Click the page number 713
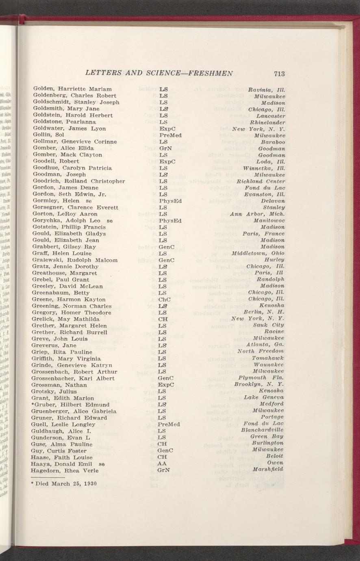(x=279, y=74)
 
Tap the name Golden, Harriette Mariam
(x=72, y=89)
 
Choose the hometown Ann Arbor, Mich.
(x=257, y=214)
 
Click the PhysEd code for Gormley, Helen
(x=170, y=201)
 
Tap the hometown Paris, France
(x=263, y=234)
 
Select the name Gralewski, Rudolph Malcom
(x=75, y=260)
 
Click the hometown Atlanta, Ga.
(x=267, y=345)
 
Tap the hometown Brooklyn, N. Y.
(x=259, y=384)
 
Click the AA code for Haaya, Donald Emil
(x=162, y=464)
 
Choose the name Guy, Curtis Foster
(x=59, y=451)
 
